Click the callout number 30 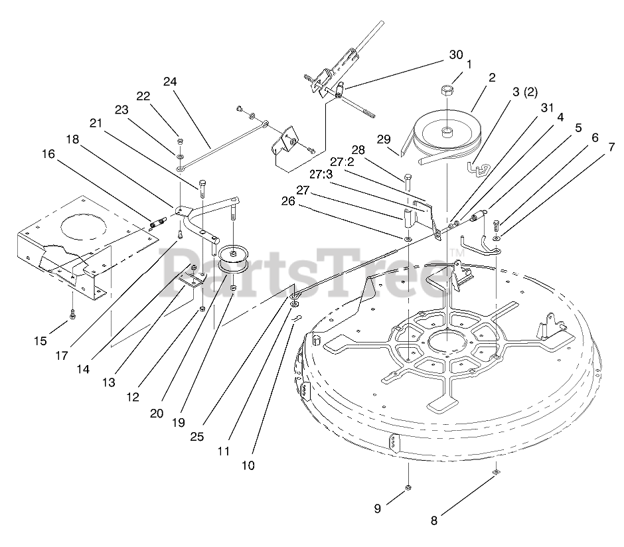[x=455, y=55]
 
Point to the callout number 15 [x=40, y=341]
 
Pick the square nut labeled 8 [x=497, y=472]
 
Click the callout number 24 [x=170, y=82]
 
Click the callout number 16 [x=48, y=154]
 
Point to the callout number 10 [x=248, y=465]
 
